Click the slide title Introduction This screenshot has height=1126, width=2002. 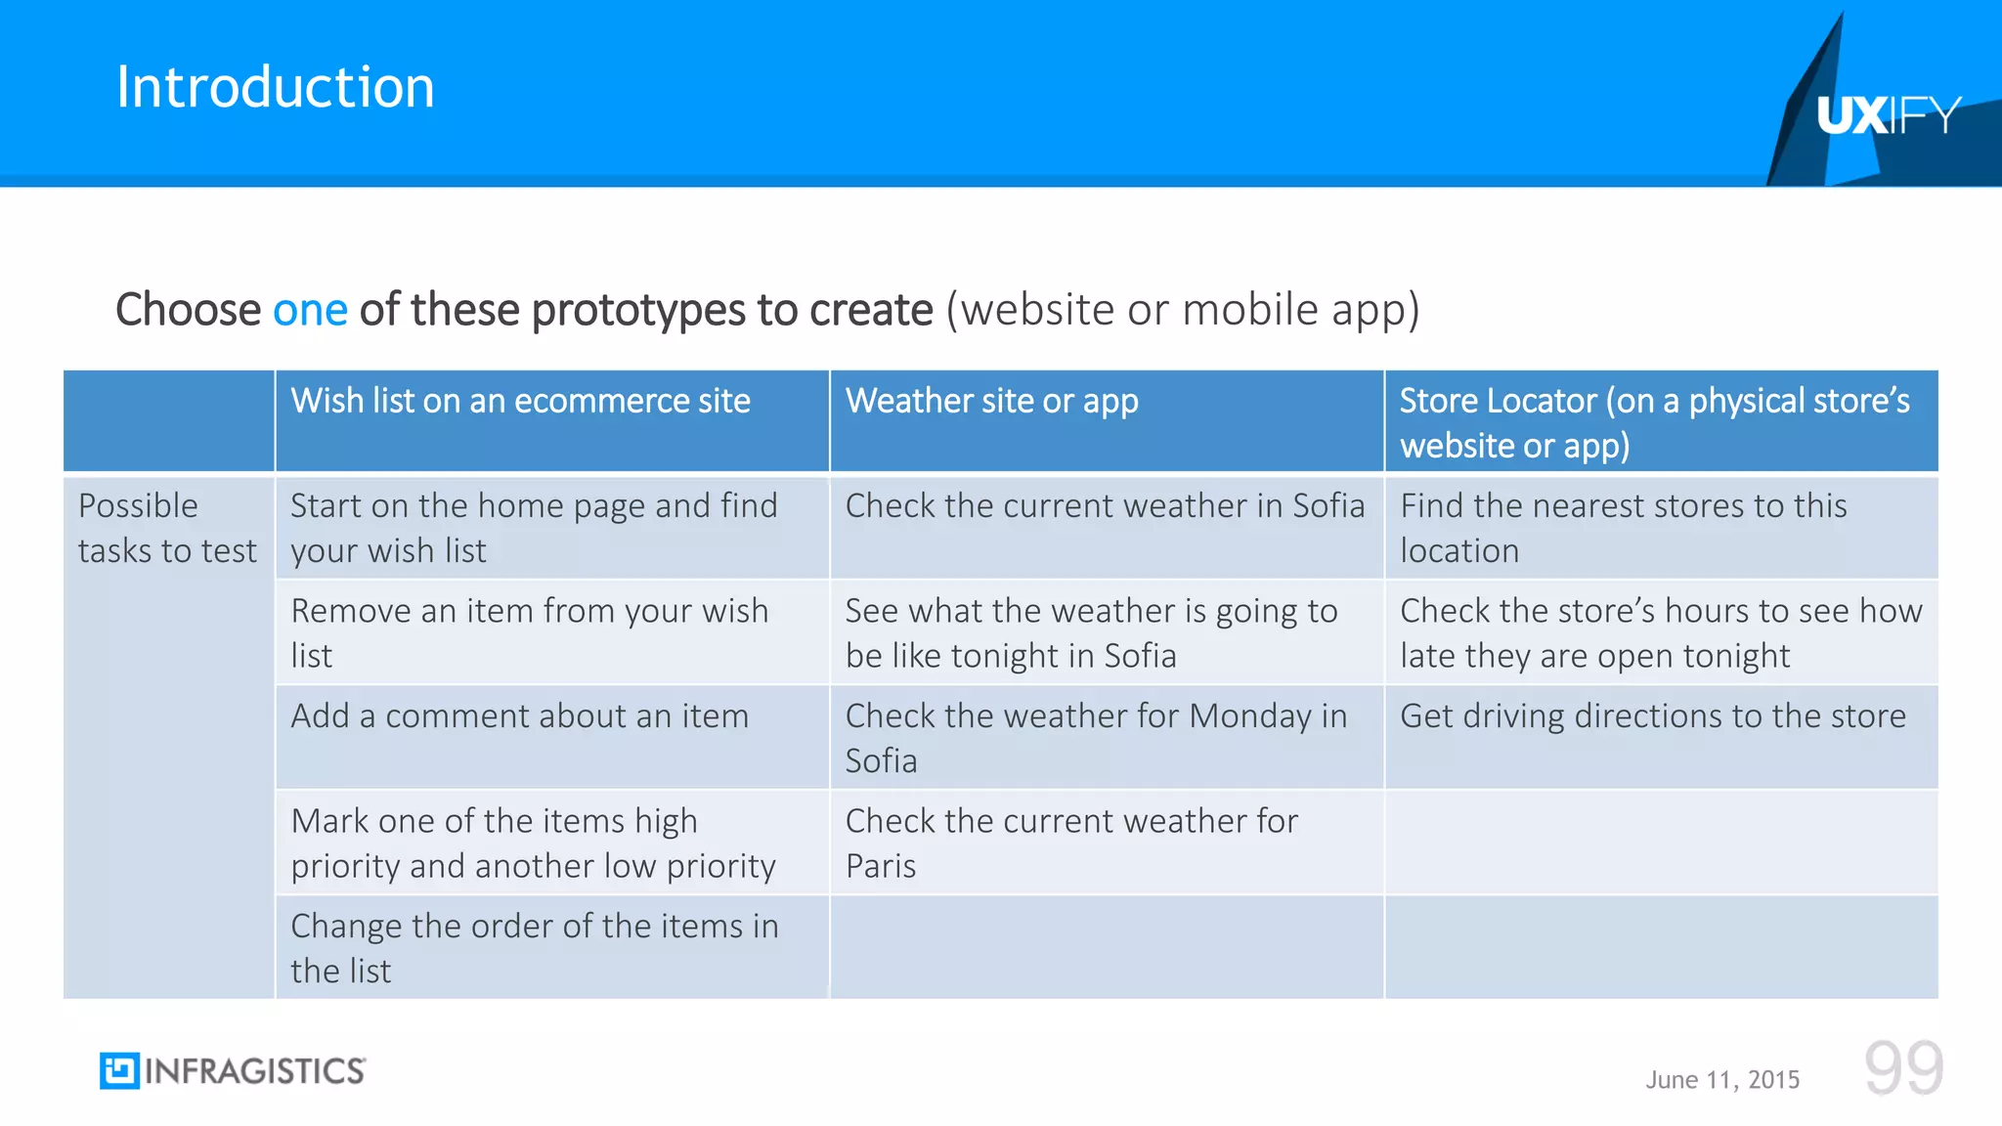point(275,87)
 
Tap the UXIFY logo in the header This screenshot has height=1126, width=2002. point(1888,115)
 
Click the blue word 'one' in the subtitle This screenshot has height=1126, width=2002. point(310,310)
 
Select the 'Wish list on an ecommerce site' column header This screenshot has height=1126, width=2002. point(520,402)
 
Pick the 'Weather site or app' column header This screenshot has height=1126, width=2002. point(991,402)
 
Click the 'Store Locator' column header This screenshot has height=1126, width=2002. point(1654,422)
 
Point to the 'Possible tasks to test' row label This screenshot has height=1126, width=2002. point(167,528)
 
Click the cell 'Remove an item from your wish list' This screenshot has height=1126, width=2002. point(529,632)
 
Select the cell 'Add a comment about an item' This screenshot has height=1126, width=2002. point(519,716)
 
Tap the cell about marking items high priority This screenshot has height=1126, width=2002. point(533,843)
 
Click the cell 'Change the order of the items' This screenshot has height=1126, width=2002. point(534,947)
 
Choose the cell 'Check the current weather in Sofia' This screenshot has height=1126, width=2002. point(1105,506)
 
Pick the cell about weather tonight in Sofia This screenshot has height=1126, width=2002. point(1091,632)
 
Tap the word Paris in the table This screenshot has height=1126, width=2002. point(881,867)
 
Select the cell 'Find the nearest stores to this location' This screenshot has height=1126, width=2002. point(1623,528)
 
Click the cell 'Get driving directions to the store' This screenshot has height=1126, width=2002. point(1652,716)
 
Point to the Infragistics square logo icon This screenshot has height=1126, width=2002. point(119,1071)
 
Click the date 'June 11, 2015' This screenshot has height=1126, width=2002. point(1722,1080)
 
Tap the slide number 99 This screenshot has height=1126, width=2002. point(1903,1068)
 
